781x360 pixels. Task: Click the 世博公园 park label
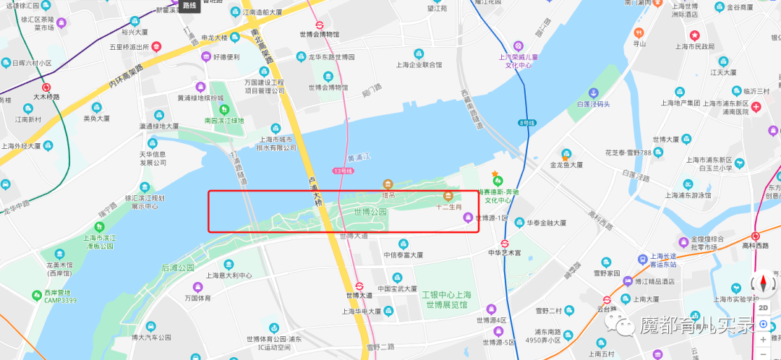(x=370, y=213)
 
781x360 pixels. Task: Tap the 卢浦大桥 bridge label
(x=314, y=192)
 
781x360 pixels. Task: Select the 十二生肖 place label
(x=448, y=207)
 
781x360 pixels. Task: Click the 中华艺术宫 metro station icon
(x=505, y=244)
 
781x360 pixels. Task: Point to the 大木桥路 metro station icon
(x=46, y=87)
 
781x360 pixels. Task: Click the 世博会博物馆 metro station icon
(x=318, y=24)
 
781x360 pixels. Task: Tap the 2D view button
(x=763, y=307)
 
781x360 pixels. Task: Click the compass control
(x=763, y=283)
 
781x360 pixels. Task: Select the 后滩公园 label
(x=178, y=267)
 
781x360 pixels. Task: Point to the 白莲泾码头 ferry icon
(x=593, y=93)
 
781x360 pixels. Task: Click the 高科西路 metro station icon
(x=756, y=236)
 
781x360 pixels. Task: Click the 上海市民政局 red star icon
(x=694, y=35)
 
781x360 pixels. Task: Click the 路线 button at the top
(x=189, y=6)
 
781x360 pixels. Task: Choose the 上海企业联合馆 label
(x=418, y=64)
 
